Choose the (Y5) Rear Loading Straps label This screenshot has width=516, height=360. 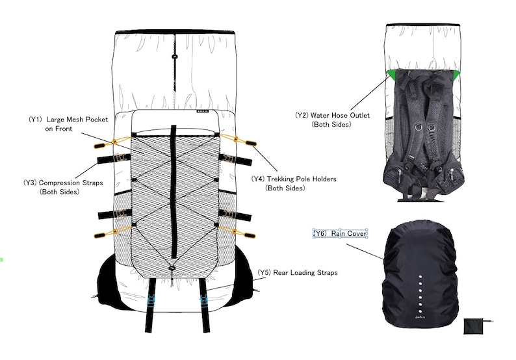(x=298, y=272)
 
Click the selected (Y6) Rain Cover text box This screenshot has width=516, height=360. (x=341, y=233)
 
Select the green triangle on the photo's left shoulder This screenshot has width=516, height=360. (x=392, y=73)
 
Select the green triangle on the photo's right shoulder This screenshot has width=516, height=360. (x=458, y=73)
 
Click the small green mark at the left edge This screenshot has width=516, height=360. (x=2, y=259)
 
